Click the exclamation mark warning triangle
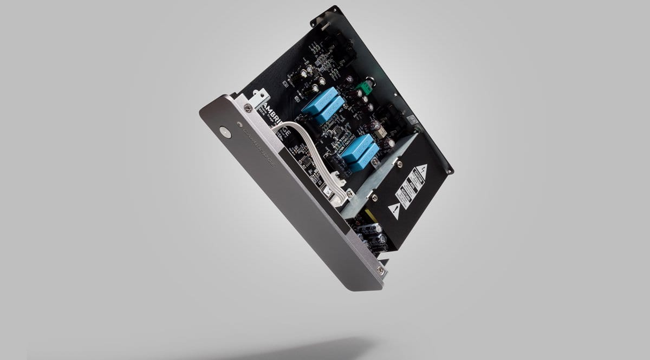click(394, 210)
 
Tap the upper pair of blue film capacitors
click(323, 106)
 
